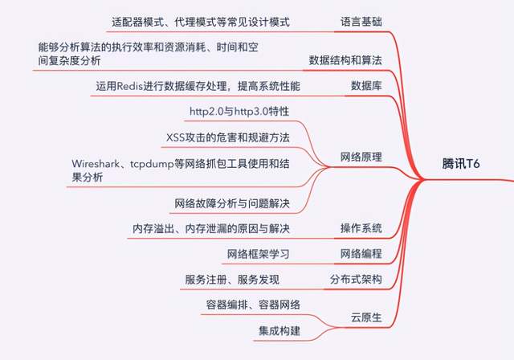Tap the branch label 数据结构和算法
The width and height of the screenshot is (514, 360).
[x=345, y=60]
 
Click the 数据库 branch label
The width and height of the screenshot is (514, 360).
[x=365, y=84]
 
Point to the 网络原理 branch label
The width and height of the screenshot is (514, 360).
[x=360, y=157]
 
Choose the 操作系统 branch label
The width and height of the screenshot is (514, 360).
[x=360, y=228]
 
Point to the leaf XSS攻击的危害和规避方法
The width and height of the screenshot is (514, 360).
[x=227, y=137]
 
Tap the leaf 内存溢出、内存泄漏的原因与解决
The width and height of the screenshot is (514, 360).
[x=211, y=229]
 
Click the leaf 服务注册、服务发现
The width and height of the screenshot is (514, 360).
[x=236, y=280]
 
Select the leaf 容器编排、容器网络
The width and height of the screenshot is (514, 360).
[x=252, y=305]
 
